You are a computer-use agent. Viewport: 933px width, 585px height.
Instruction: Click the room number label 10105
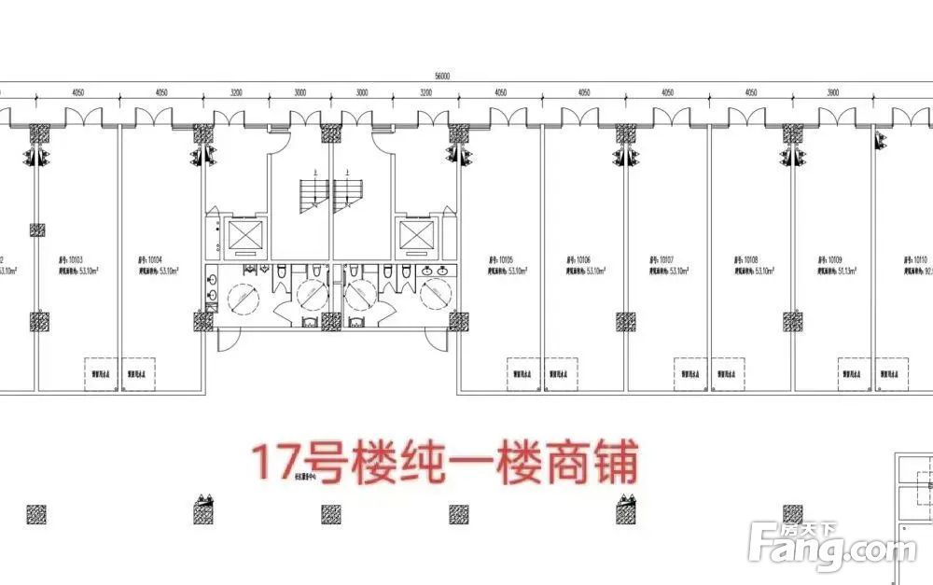tap(502, 258)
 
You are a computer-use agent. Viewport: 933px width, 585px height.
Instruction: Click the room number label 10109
tap(830, 258)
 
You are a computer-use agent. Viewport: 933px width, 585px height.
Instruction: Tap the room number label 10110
tap(914, 258)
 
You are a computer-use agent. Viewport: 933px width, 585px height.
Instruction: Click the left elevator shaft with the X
tap(247, 236)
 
